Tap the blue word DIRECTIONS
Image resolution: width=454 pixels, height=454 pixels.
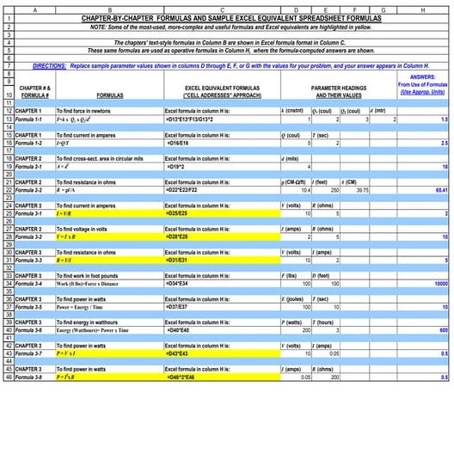coord(52,65)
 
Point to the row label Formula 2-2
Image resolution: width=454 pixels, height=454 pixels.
coord(34,189)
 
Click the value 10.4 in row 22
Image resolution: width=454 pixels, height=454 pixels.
coord(305,189)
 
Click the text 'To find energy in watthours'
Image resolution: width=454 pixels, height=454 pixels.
coord(94,322)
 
